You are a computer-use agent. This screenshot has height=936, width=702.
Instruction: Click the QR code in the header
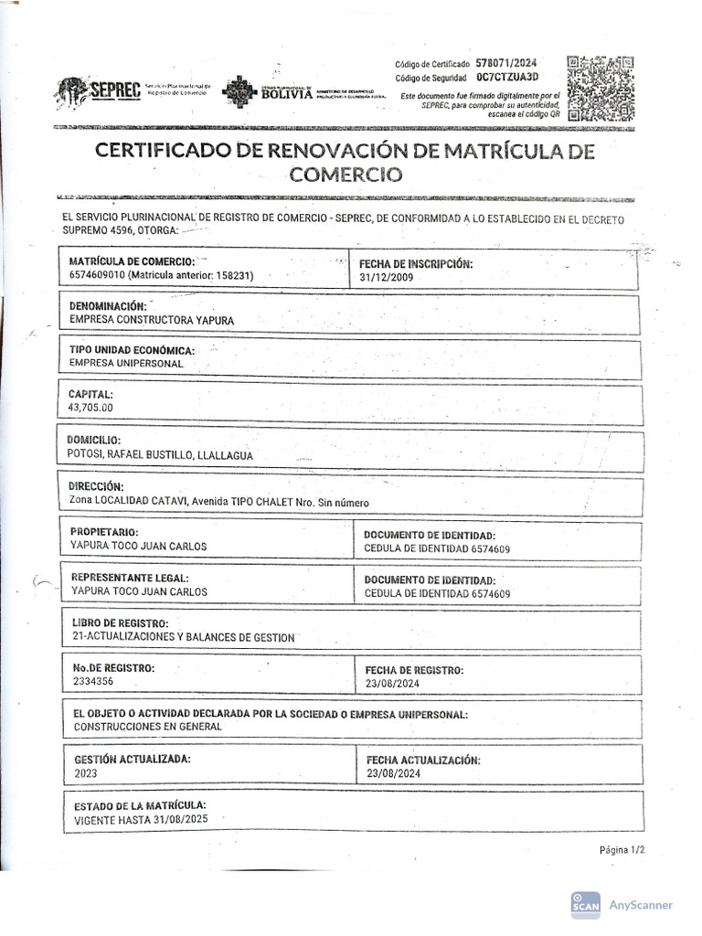601,89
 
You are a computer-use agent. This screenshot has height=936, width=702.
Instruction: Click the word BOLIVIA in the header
286,92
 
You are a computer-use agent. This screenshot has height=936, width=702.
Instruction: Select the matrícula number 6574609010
97,275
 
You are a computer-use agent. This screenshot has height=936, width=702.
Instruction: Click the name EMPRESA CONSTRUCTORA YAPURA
152,320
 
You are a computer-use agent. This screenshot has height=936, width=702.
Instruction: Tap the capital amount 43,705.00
91,408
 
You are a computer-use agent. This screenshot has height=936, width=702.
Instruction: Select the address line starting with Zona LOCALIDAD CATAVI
219,502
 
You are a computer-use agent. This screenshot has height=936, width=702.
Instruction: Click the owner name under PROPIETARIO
138,547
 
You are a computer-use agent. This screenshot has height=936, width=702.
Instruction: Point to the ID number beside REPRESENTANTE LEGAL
489,593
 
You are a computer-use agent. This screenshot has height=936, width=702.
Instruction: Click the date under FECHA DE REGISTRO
392,683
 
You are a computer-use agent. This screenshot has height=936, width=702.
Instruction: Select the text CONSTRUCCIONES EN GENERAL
147,727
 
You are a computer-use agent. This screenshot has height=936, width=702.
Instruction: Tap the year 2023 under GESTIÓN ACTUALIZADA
85,772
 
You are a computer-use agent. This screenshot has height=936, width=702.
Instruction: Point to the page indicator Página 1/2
622,849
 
